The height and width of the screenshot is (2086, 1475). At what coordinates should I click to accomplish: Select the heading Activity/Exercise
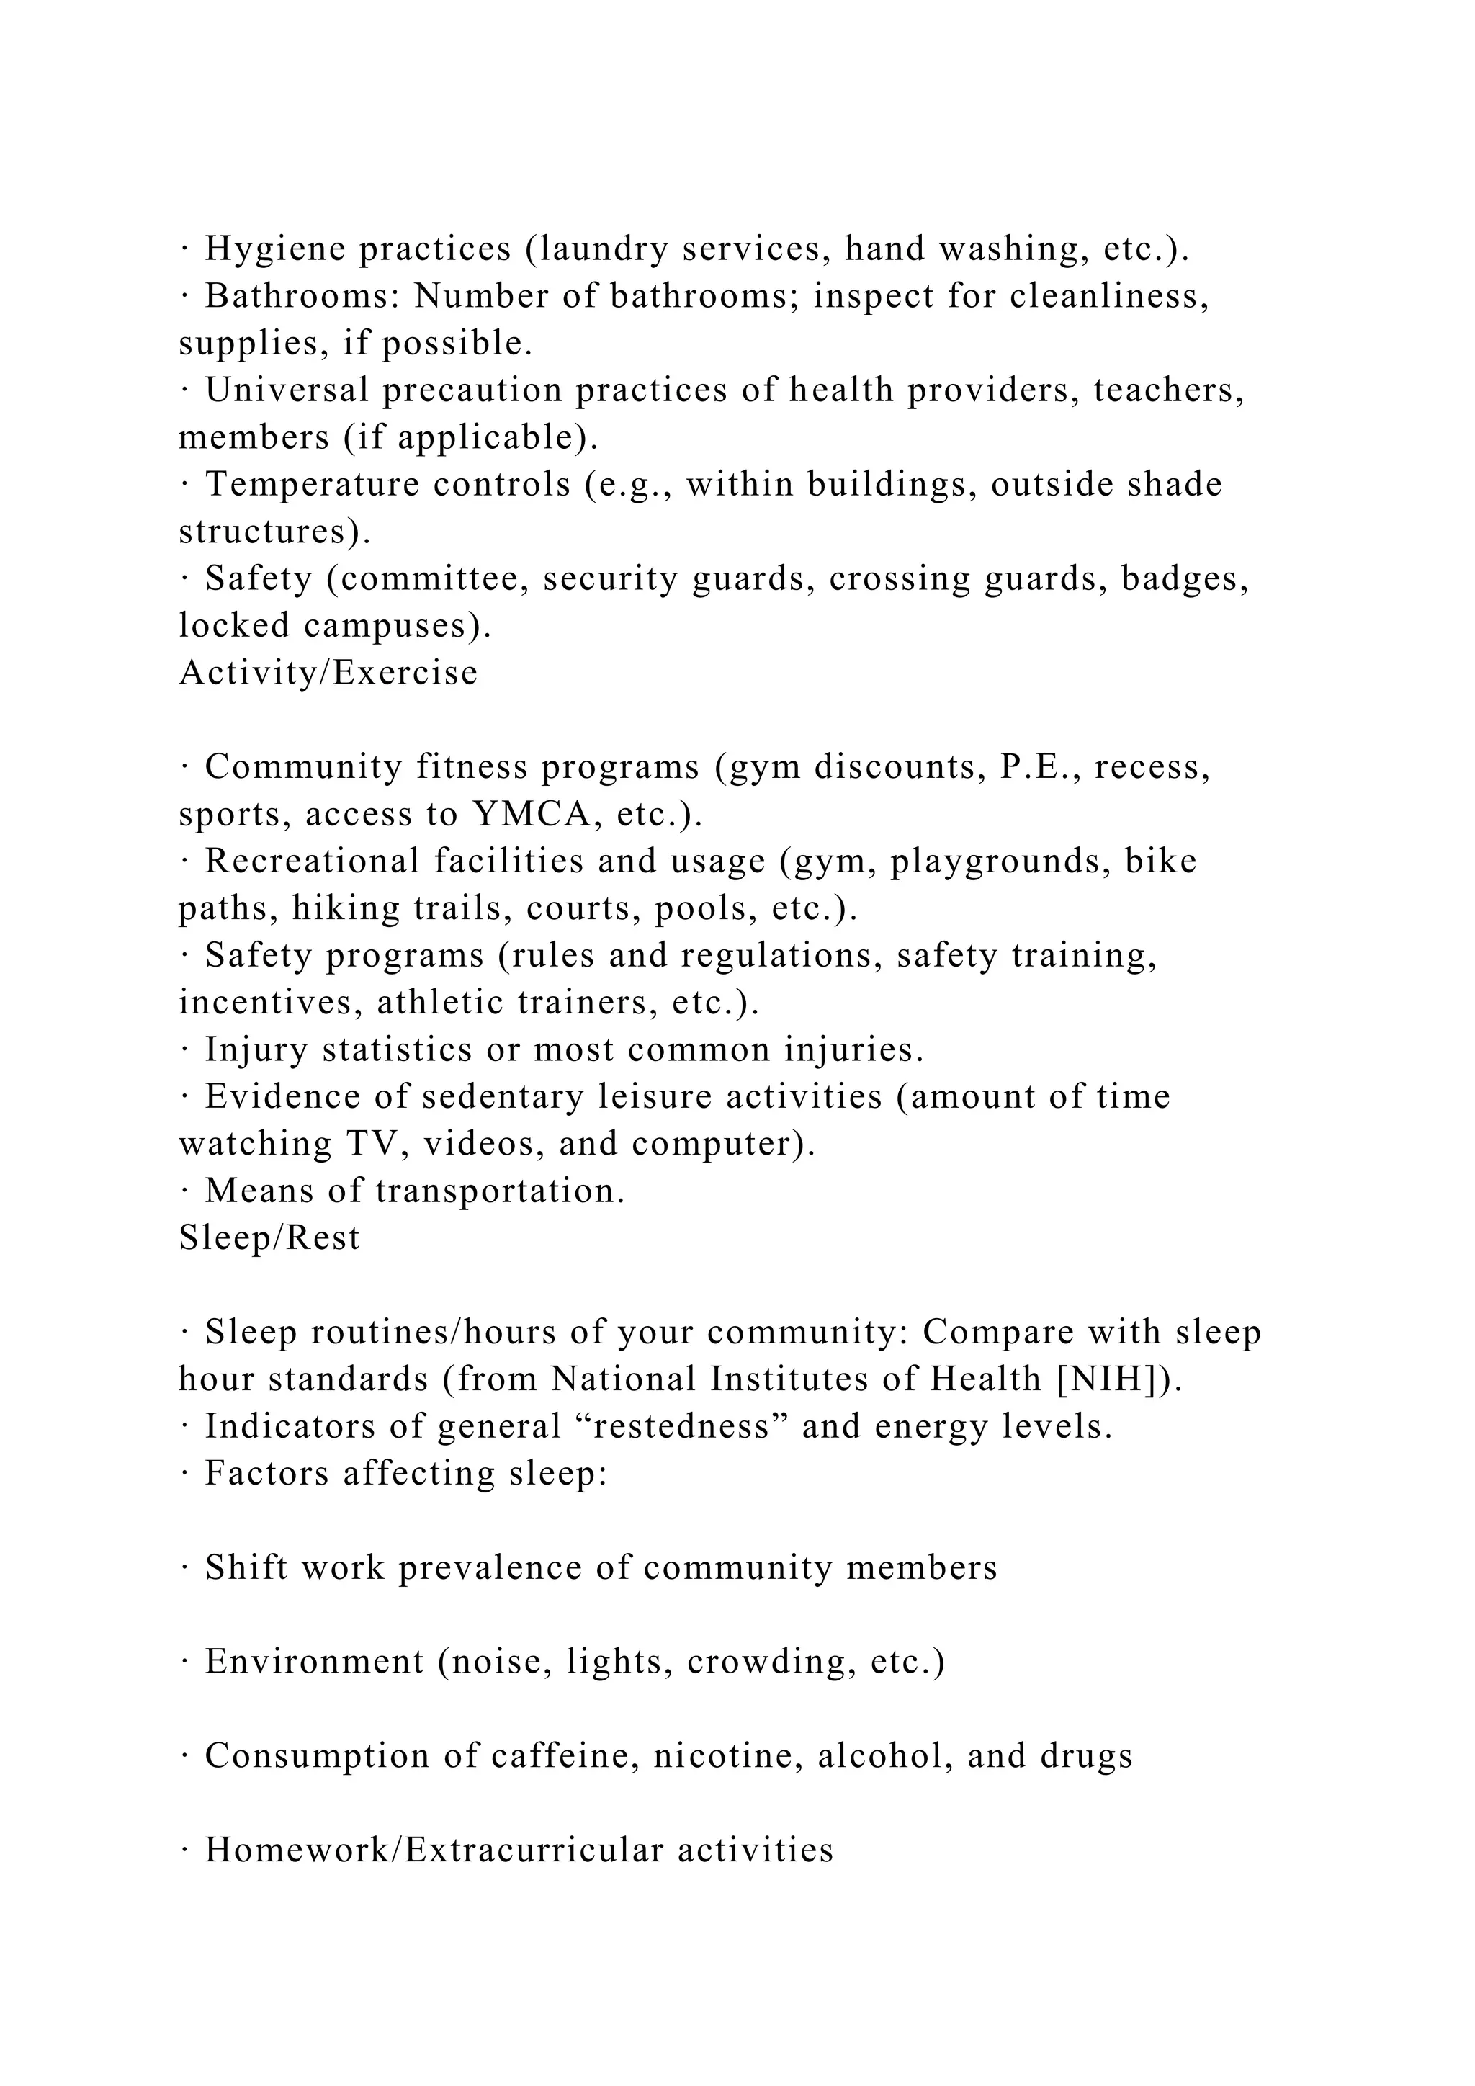[x=328, y=673]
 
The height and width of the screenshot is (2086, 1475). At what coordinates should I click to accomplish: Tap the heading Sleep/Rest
[x=269, y=1238]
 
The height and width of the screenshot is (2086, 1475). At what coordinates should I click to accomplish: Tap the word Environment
[x=314, y=1662]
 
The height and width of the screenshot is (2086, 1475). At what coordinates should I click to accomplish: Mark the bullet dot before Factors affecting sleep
[x=184, y=1474]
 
